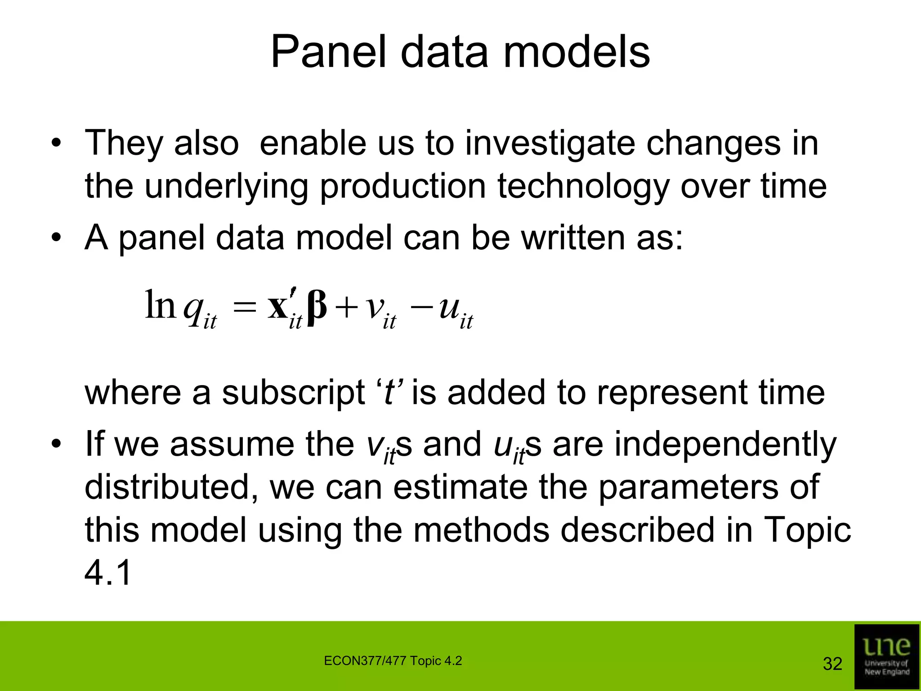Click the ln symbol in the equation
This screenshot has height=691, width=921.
click(160, 305)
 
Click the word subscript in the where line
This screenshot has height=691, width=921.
click(293, 393)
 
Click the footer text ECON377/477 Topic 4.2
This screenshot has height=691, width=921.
click(393, 661)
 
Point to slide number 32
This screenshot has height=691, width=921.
click(832, 664)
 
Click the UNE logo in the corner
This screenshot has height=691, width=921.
click(886, 656)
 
